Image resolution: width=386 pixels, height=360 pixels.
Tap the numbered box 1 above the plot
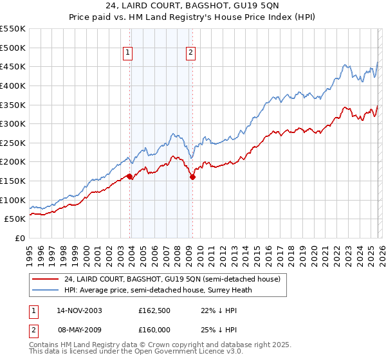click(128, 53)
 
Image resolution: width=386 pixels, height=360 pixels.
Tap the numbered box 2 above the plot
click(191, 53)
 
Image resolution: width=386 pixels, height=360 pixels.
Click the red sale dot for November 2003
click(130, 176)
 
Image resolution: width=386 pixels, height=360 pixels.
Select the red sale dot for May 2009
click(192, 177)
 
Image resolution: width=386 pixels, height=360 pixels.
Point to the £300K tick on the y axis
click(13, 123)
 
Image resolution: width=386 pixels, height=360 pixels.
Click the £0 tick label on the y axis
click(19, 238)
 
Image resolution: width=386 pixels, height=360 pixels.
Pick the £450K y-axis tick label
click(13, 66)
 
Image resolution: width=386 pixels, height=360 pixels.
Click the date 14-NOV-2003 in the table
click(79, 310)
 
